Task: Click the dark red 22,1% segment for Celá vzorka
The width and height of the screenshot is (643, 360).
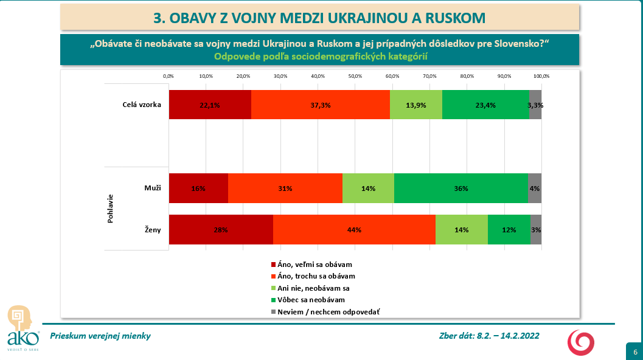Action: [210, 105]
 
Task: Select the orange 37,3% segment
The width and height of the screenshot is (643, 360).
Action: [321, 105]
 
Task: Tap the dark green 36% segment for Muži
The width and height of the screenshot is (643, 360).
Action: [461, 189]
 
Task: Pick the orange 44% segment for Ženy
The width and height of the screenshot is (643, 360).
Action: [355, 230]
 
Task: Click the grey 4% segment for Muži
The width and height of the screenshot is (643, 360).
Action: [535, 189]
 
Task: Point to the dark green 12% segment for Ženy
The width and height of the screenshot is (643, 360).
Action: [509, 230]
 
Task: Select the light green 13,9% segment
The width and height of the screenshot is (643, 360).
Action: [416, 105]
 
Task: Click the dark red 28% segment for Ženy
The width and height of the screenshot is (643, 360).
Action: [221, 230]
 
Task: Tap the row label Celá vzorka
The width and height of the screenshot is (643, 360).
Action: [141, 105]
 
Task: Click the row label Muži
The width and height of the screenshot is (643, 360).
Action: [152, 189]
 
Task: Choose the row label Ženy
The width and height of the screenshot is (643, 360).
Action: [151, 230]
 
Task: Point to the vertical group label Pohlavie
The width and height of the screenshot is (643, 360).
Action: [111, 209]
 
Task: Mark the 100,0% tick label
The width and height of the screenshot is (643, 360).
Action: [541, 76]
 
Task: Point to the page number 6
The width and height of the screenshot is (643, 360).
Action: [635, 352]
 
